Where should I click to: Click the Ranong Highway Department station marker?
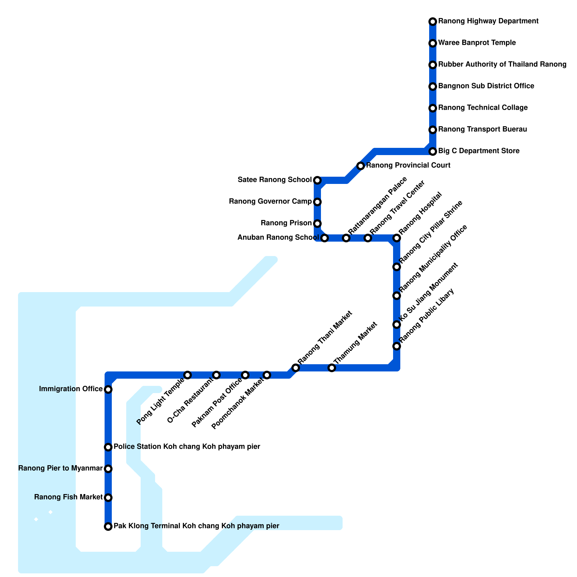433,22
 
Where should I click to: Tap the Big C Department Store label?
479,151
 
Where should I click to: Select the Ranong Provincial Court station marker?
361,166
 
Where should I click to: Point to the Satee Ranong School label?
275,180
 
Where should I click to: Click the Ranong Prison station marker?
317,224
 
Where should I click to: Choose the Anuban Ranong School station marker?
325,238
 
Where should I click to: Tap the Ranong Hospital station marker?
397,238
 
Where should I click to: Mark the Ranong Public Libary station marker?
397,346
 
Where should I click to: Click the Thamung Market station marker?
332,368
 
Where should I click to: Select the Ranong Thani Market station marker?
296,368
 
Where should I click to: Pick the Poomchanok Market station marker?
267,375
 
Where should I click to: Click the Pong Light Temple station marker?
188,375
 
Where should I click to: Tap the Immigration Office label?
71,389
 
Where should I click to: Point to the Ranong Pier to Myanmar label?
60,468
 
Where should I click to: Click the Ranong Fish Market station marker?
108,498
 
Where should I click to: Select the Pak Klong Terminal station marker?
108,527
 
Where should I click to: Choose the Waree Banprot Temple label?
477,43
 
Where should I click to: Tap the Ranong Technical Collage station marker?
433,108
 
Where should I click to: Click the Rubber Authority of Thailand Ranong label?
502,65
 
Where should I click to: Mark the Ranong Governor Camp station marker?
317,202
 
